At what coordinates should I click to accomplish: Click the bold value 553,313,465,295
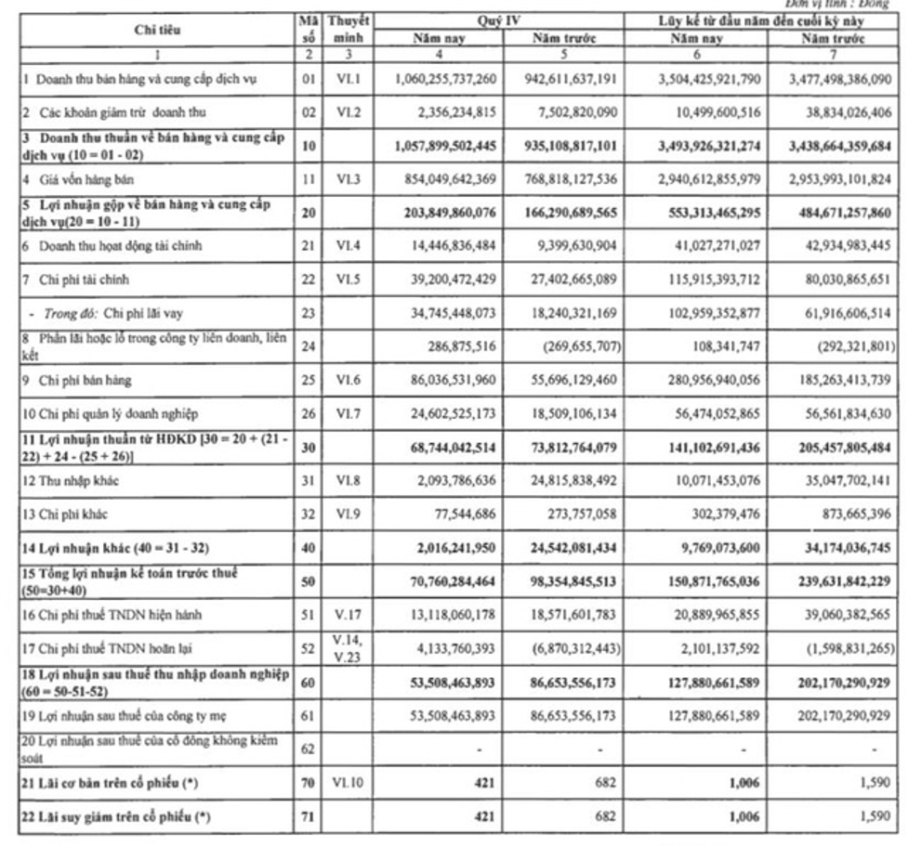[x=710, y=213]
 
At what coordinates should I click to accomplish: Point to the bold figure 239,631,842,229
[x=839, y=580]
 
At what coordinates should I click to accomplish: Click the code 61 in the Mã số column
[x=309, y=715]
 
